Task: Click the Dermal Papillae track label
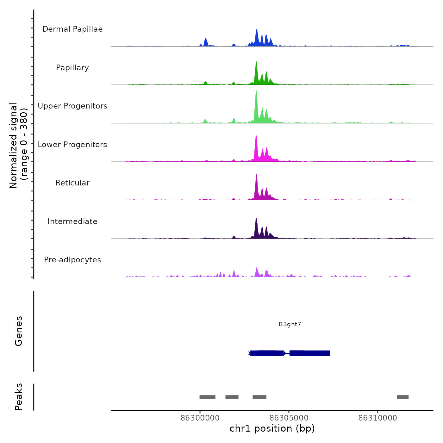(72, 29)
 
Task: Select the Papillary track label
(72, 68)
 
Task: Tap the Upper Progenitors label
(72, 106)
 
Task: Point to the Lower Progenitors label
(72, 145)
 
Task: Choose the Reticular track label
(72, 183)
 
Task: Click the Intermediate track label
(72, 221)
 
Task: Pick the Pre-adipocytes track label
(72, 260)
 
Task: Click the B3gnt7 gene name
(290, 324)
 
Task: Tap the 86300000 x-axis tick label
(200, 418)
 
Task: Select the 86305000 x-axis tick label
(289, 418)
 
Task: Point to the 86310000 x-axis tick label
(378, 418)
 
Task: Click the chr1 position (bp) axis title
(272, 429)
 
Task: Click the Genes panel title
(19, 331)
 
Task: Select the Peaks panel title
(19, 397)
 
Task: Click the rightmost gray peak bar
(402, 397)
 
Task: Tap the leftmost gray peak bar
(207, 397)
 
